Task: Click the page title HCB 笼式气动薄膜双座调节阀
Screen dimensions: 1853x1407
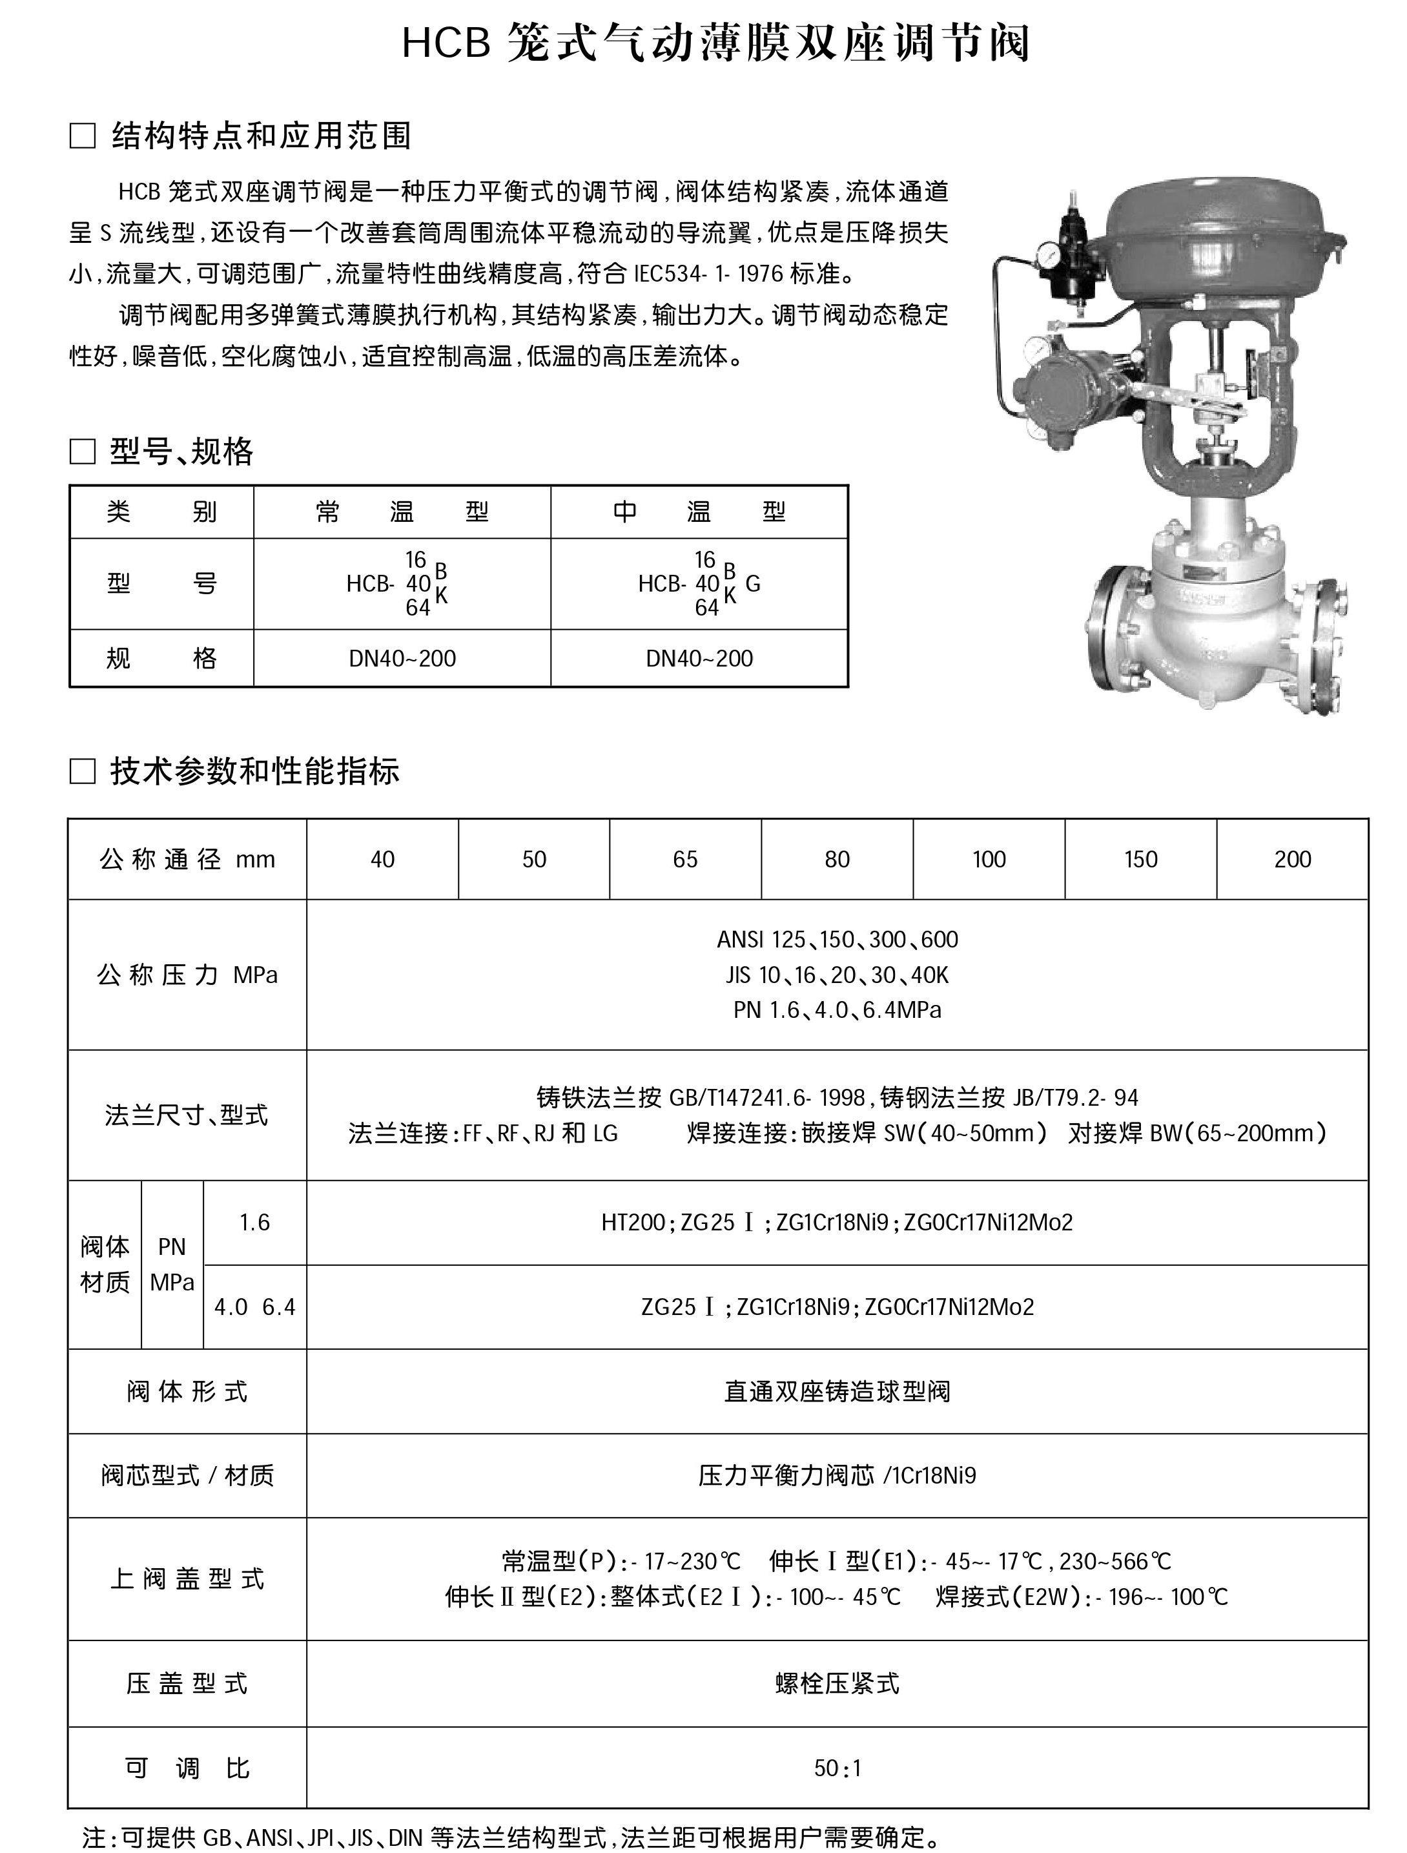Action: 716,43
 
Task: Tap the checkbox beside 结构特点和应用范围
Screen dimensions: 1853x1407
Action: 82,136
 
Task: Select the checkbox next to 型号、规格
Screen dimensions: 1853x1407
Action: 82,452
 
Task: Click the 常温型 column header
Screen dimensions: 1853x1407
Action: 402,512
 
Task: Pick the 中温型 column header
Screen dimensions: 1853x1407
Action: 699,512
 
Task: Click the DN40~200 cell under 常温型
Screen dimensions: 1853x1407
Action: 402,658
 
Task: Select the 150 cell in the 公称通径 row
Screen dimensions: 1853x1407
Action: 1141,860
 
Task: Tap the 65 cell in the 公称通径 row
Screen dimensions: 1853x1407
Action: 685,860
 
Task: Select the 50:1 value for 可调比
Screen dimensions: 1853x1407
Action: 837,1768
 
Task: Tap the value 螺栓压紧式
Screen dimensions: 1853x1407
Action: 837,1683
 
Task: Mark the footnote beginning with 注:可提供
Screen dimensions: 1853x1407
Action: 511,1837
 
